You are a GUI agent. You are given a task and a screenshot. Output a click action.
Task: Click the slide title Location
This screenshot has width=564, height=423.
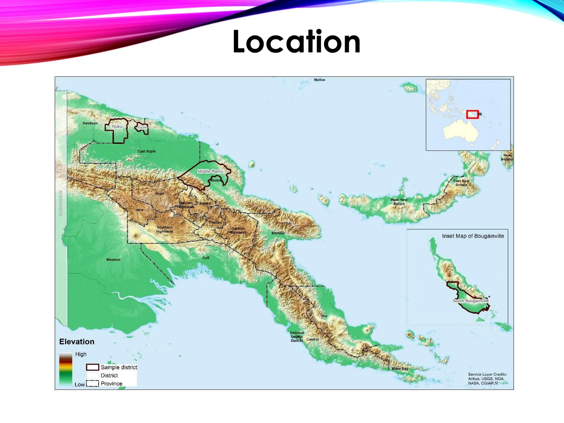(x=296, y=42)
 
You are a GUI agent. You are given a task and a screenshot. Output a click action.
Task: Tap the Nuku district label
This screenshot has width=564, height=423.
(x=117, y=126)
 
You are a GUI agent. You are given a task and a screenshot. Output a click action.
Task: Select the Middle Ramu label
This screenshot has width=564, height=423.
(x=210, y=171)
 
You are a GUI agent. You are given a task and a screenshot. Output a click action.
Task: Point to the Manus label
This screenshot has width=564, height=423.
(x=319, y=80)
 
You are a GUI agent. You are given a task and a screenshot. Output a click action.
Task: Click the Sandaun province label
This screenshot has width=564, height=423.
(x=90, y=123)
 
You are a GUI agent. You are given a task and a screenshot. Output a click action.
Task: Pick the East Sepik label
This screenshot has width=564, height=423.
(x=147, y=151)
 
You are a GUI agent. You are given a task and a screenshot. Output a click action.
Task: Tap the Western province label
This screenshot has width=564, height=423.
(x=113, y=259)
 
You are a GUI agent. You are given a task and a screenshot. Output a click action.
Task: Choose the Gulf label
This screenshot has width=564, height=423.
(x=205, y=258)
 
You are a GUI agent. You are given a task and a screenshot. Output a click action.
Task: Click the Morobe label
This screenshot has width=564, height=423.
(x=278, y=233)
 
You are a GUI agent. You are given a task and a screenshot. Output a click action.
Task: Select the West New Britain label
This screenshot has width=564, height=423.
(x=399, y=202)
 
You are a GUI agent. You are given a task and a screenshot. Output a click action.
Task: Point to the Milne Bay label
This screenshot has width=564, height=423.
(x=400, y=368)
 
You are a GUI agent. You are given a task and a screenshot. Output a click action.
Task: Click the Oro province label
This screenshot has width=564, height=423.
(x=324, y=316)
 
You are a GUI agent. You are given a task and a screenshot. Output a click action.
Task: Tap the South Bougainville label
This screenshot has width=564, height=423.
(x=471, y=301)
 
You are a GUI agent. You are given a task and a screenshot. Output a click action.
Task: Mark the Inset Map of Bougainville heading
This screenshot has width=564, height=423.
(x=473, y=236)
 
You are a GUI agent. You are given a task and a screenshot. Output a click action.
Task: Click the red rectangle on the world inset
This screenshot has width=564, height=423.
(x=472, y=115)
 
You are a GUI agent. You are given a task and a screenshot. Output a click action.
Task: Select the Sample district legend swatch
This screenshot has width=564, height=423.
(x=93, y=367)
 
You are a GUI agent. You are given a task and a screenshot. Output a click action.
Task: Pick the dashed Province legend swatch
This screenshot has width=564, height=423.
(x=93, y=383)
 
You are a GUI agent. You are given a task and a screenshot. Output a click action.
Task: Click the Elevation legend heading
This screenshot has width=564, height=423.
(x=77, y=342)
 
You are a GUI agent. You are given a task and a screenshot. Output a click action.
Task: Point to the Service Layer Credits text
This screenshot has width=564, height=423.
(x=487, y=379)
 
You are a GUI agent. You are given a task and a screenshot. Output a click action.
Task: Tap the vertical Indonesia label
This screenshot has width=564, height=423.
(x=61, y=203)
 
